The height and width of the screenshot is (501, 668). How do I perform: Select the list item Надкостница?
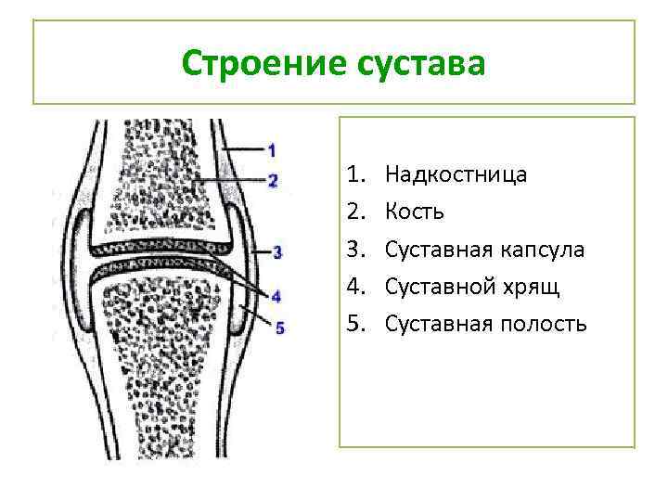(456, 174)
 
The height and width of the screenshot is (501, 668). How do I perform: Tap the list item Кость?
(415, 212)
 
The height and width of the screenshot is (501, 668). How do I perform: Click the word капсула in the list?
(541, 249)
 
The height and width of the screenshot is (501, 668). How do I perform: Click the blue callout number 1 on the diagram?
(272, 149)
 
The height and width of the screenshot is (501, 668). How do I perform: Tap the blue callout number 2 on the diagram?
(272, 180)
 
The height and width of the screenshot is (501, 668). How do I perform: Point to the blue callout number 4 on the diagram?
(276, 295)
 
